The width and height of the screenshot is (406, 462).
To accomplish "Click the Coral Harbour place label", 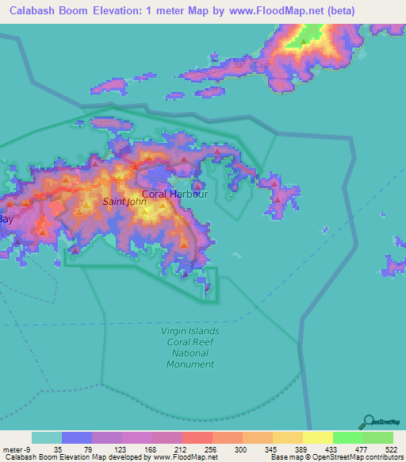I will pos(174,194).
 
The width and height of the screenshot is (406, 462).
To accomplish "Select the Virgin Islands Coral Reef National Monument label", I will pos(190,347).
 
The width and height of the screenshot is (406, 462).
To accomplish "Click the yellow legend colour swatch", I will pos(317,437).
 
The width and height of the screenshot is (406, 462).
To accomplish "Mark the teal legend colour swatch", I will pos(47,437).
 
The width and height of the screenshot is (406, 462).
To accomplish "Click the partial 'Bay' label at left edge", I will pos(6,218).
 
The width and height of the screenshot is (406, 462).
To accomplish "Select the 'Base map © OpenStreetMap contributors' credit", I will pos(335,457).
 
